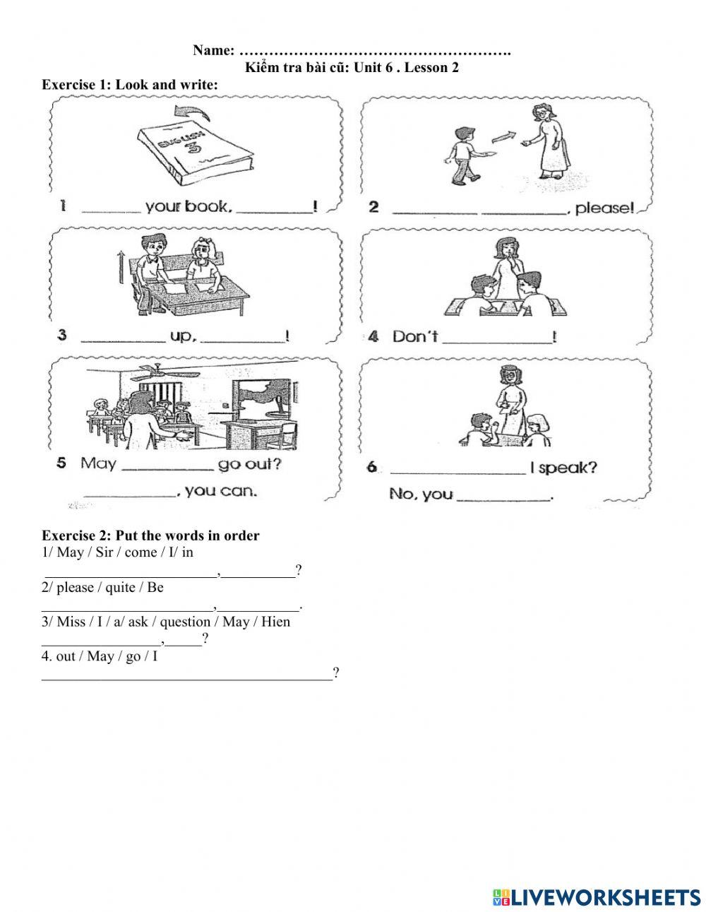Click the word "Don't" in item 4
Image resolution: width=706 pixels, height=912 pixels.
tap(414, 337)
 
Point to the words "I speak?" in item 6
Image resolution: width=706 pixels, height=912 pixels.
tap(567, 468)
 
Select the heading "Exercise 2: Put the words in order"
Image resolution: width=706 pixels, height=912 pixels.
tap(150, 535)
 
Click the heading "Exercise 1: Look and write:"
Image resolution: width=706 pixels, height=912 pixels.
tap(130, 85)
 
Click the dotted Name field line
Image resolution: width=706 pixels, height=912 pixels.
tap(375, 51)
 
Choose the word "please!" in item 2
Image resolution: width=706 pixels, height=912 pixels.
tap(606, 208)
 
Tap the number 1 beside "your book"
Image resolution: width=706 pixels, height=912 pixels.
tap(64, 206)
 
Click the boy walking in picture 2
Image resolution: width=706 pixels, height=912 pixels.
tap(462, 154)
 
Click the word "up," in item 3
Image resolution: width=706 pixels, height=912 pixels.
tap(182, 336)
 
